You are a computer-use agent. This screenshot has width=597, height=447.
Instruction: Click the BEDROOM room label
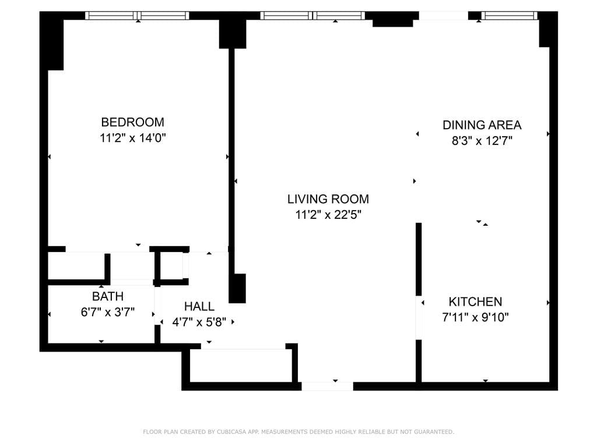(132, 122)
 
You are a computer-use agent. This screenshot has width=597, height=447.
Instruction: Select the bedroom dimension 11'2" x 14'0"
(132, 138)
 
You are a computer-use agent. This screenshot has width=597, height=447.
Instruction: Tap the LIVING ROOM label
(328, 199)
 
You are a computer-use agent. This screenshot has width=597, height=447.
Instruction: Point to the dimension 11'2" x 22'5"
(328, 215)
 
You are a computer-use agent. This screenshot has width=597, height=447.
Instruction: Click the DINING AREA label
(482, 125)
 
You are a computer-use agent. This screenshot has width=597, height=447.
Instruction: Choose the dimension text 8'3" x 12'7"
(482, 140)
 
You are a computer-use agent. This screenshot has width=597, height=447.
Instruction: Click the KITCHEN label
(475, 301)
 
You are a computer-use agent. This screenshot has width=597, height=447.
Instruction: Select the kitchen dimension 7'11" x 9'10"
(475, 317)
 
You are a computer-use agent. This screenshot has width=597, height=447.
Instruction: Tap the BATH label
(108, 296)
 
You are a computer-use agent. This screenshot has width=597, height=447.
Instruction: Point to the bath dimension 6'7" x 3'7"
(108, 312)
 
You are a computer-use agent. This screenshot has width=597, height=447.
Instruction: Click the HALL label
(199, 306)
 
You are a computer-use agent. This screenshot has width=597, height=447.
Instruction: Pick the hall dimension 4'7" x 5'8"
(199, 321)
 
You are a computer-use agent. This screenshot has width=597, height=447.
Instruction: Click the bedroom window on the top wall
(138, 16)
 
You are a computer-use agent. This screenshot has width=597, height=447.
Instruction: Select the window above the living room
(312, 16)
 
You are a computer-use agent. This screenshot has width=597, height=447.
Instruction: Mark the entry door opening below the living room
(327, 386)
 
